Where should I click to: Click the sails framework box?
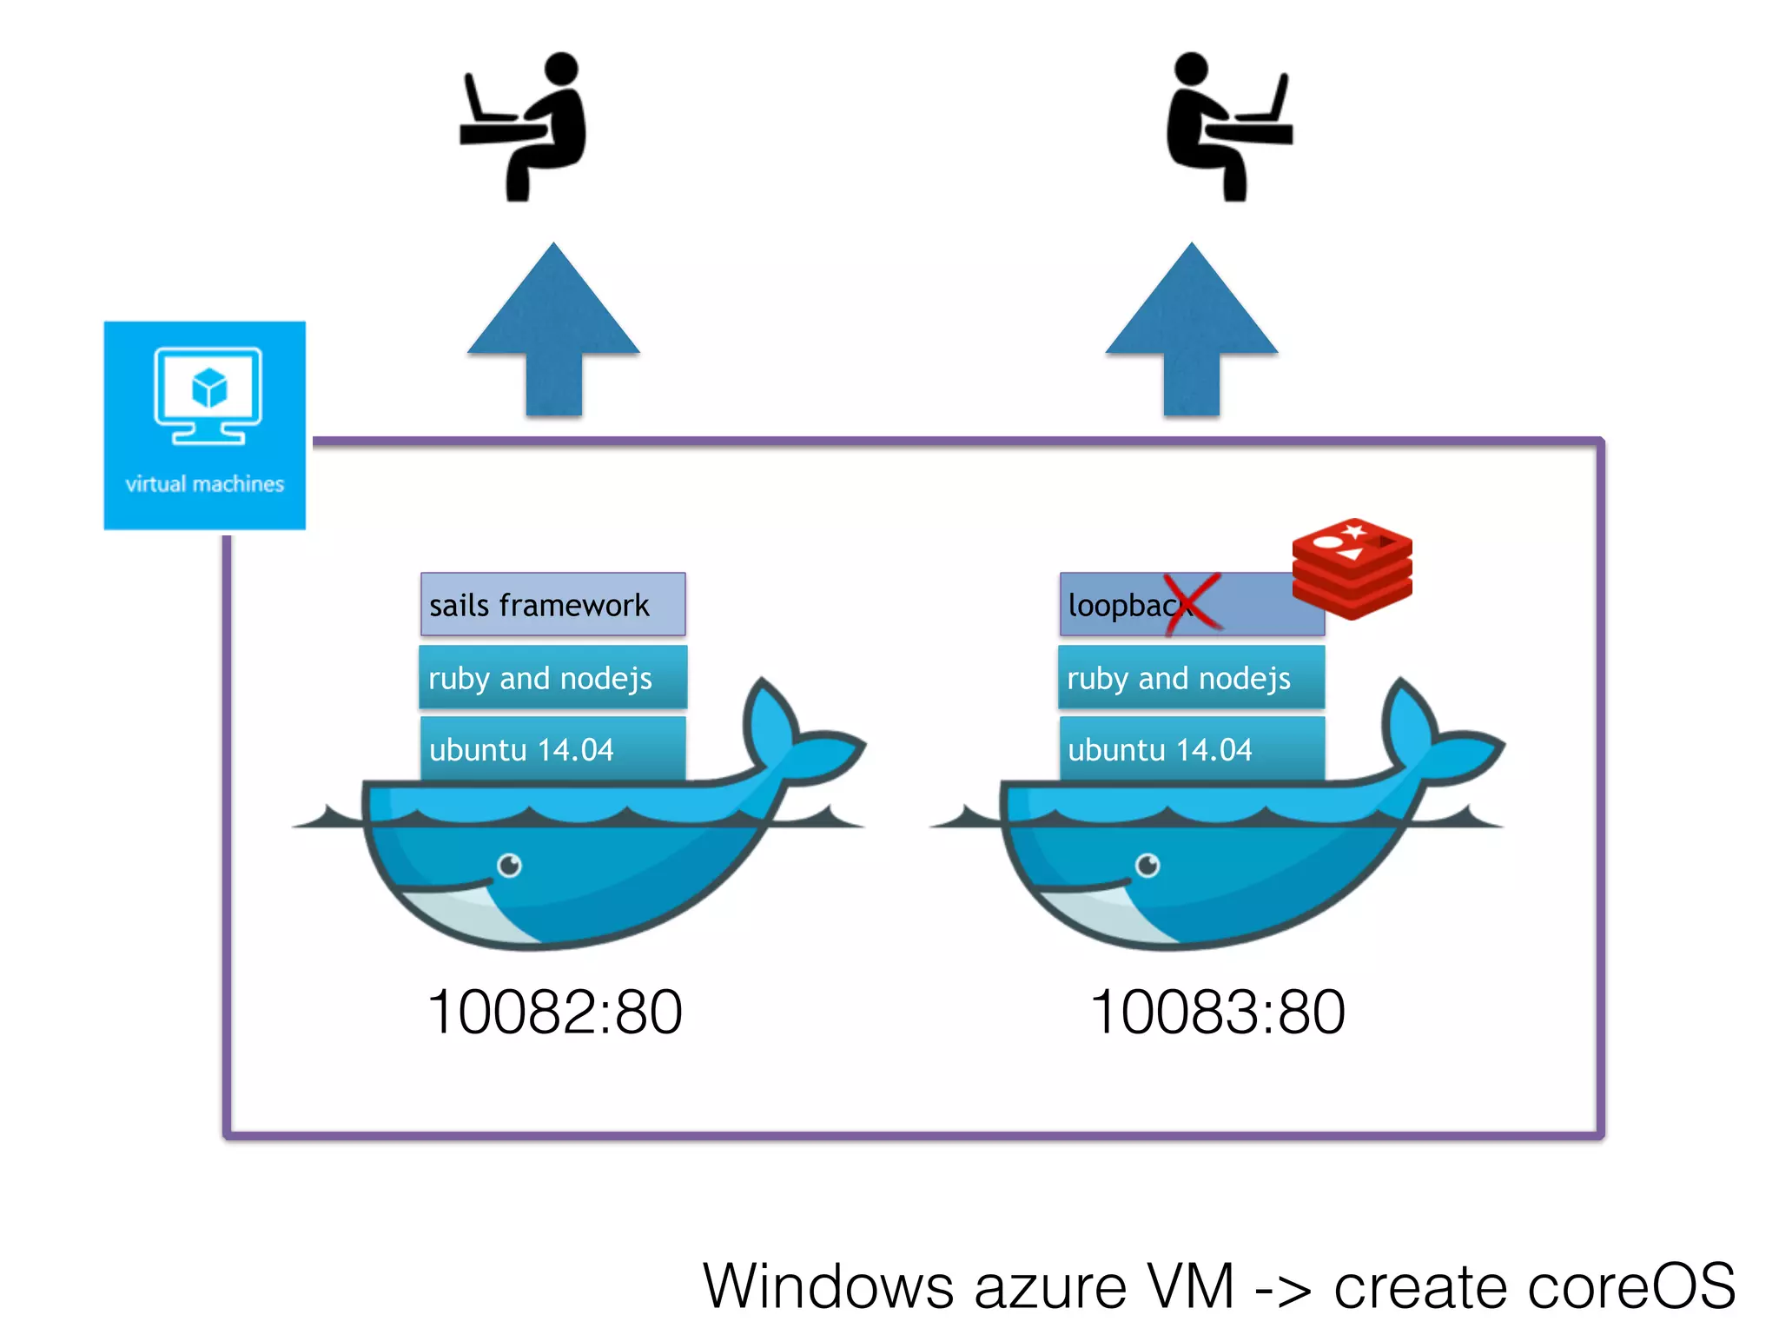[x=552, y=604]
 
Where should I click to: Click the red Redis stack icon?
[x=1352, y=568]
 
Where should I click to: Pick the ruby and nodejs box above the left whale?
[x=552, y=677]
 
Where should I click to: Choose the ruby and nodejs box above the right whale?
[x=1191, y=677]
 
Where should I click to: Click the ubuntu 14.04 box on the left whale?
[x=552, y=748]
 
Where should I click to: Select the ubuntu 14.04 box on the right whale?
[x=1191, y=748]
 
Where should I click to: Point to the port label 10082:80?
[x=554, y=1013]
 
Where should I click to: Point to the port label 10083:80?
[x=1217, y=1013]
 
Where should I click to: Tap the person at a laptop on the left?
[x=526, y=126]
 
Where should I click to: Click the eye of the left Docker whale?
[x=509, y=865]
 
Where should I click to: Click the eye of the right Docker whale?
[x=1147, y=865]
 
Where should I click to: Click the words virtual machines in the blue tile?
[x=205, y=484]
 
